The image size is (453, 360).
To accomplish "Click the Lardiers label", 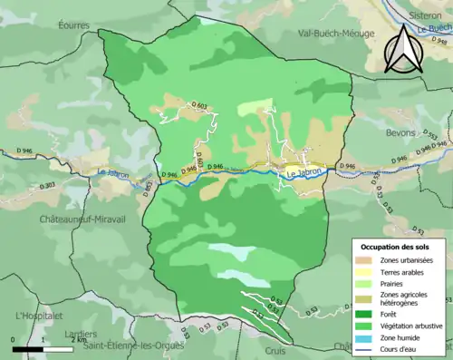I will coord(81,334).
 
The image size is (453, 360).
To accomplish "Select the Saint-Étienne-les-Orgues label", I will coord(133,345).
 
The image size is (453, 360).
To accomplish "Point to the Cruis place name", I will coord(275,350).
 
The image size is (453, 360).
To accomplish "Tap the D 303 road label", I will coord(47,185).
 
